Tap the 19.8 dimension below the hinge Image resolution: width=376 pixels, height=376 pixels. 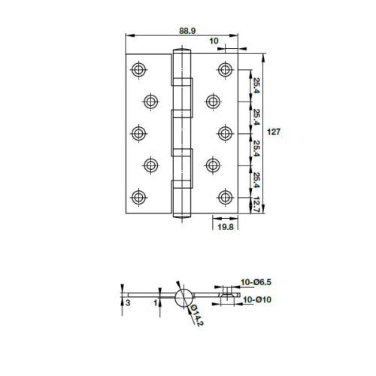(224, 226)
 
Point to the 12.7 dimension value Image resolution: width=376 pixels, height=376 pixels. (256, 204)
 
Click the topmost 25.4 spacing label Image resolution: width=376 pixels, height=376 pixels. (256, 85)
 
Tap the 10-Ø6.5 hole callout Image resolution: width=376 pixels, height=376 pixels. (254, 284)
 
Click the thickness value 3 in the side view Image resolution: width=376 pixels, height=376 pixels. (128, 302)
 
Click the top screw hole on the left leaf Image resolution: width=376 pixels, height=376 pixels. (138, 69)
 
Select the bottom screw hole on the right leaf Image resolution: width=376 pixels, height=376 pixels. (224, 197)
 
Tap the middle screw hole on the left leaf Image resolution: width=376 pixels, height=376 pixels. (138, 133)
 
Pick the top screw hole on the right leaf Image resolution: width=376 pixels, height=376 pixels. (224, 69)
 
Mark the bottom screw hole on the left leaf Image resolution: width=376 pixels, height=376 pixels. (138, 197)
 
